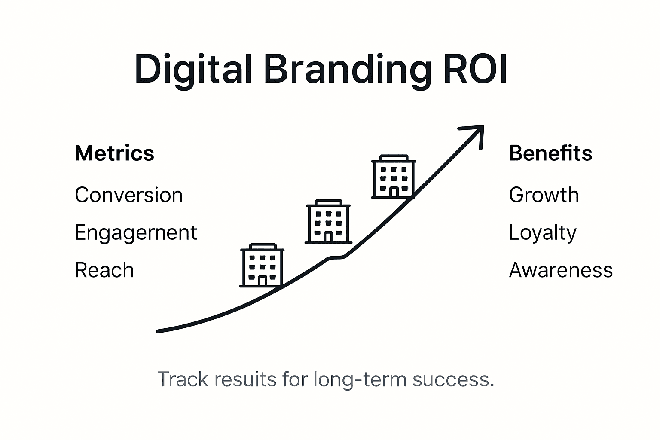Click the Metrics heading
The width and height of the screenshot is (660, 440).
tap(114, 153)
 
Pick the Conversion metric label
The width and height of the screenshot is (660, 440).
tap(128, 195)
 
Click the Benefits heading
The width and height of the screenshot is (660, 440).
tap(550, 153)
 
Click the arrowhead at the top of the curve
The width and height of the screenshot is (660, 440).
tap(475, 133)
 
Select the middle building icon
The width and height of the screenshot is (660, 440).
tap(328, 221)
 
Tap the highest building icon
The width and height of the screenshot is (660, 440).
tap(393, 177)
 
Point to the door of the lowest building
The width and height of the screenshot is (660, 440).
tap(262, 281)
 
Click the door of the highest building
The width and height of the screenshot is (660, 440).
tap(394, 192)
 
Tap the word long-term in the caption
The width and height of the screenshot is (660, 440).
tap(359, 379)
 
